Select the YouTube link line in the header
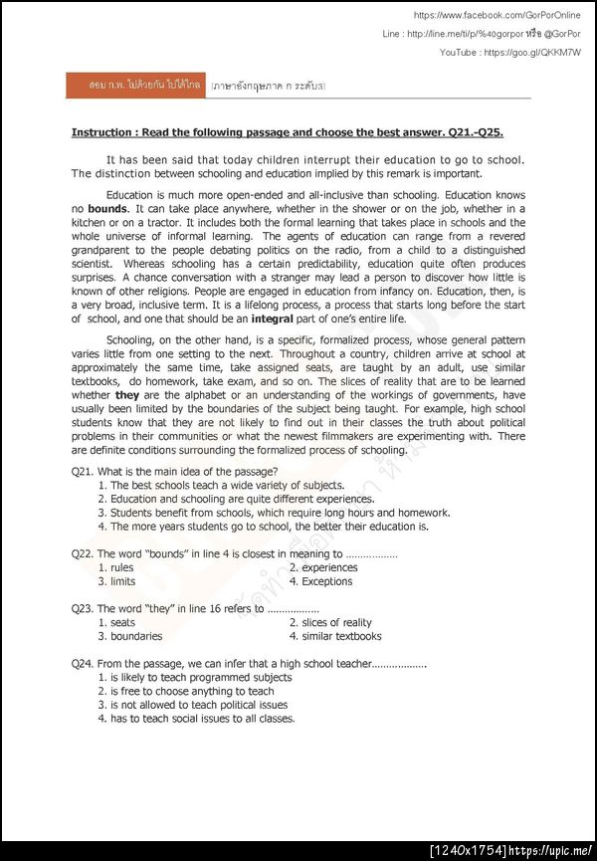509,52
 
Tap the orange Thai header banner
133,86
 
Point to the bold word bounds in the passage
107,209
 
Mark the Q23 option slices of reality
329,623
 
